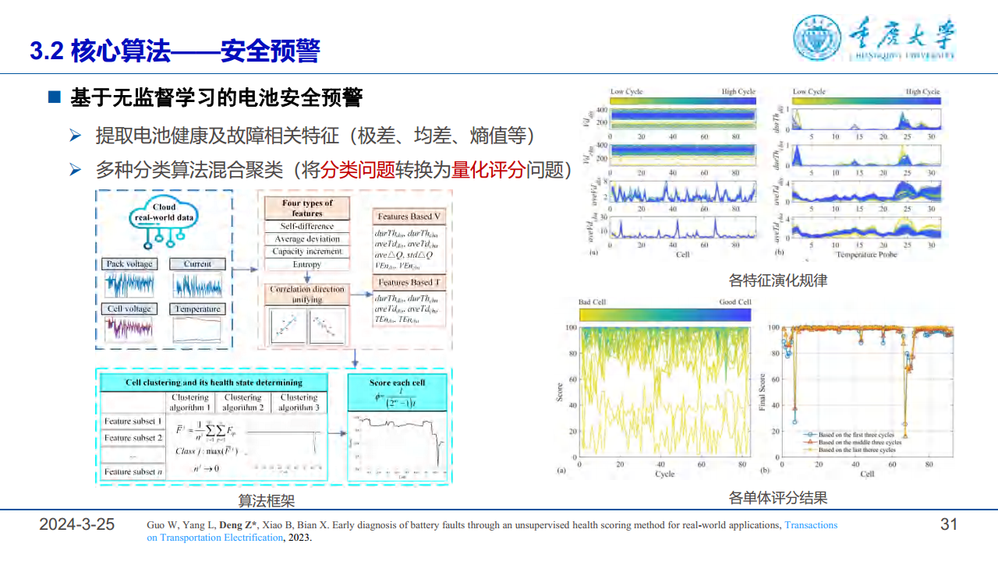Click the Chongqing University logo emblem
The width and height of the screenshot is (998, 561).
tap(816, 37)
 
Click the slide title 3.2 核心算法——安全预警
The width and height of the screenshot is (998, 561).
tap(175, 51)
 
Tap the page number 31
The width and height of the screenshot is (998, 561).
tap(948, 524)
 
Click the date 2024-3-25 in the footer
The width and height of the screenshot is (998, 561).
tap(76, 524)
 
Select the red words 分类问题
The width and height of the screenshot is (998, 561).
tap(357, 169)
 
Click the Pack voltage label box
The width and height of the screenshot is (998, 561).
tap(129, 264)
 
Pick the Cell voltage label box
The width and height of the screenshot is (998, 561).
tap(129, 309)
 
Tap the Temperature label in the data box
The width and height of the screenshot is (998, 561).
tap(197, 309)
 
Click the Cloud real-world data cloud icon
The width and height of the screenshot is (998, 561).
tap(164, 213)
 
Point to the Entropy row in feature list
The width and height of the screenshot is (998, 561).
tap(306, 264)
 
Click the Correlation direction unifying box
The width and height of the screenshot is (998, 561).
tap(306, 294)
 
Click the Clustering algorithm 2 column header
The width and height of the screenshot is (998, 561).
tap(242, 402)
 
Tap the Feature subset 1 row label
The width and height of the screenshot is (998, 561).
tap(133, 422)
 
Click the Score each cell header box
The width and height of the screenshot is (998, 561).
tap(397, 383)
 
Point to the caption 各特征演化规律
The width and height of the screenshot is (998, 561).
tap(777, 280)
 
